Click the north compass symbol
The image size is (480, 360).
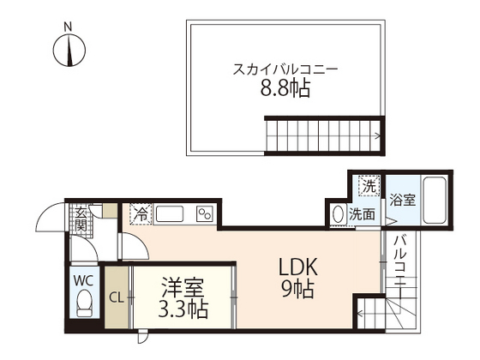pos(69,52)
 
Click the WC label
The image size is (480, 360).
pos(83,280)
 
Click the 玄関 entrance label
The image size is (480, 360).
pos(81,221)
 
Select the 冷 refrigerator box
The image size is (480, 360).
pos(139,213)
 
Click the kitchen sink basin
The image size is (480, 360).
pos(171,213)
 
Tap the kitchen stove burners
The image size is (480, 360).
pos(206,214)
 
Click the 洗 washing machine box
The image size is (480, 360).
pos(369,185)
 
